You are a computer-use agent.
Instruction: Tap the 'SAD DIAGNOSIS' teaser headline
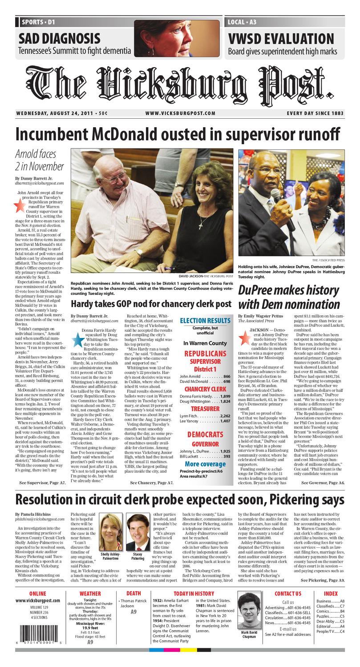(x=59, y=38)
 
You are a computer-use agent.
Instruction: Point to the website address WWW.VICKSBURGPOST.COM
(x=180, y=113)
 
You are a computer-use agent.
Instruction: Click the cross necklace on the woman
(x=201, y=225)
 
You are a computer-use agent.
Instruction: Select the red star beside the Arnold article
(x=19, y=205)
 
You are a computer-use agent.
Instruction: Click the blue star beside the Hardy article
(x=77, y=339)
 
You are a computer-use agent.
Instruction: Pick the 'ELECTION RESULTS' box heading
(x=205, y=321)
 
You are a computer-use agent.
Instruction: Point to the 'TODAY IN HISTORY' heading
(x=194, y=593)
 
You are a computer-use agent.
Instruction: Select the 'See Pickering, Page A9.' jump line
(x=323, y=580)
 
